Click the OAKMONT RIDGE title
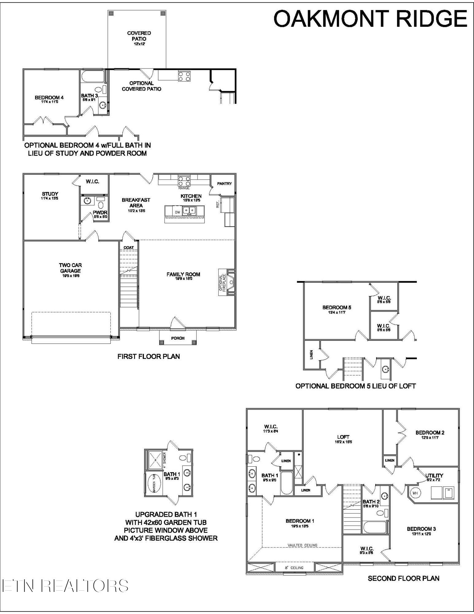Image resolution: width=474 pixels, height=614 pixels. pyautogui.click(x=370, y=19)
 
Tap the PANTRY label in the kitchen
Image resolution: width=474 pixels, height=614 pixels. pyautogui.click(x=224, y=184)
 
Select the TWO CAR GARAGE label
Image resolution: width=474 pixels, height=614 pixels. pyautogui.click(x=70, y=268)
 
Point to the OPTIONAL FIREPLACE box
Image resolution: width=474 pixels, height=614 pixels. pyautogui.click(x=222, y=282)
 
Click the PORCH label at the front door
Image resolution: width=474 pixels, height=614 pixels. pyautogui.click(x=178, y=338)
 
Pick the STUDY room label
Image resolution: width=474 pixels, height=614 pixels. pyautogui.click(x=50, y=194)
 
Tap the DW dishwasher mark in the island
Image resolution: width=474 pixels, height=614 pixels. pyautogui.click(x=177, y=212)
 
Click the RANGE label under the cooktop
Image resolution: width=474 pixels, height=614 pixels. pyautogui.click(x=184, y=188)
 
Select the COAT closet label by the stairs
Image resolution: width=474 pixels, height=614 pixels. pyautogui.click(x=129, y=247)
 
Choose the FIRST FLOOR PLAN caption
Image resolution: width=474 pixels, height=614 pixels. pyautogui.click(x=148, y=356)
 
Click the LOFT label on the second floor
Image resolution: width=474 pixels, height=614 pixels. pyautogui.click(x=343, y=437)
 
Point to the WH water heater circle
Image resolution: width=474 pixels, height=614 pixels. pyautogui.click(x=415, y=493)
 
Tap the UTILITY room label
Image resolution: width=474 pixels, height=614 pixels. pyautogui.click(x=434, y=476)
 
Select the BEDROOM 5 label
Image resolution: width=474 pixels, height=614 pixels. pyautogui.click(x=337, y=307)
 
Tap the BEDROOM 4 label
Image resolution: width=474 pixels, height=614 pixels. pyautogui.click(x=49, y=98)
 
